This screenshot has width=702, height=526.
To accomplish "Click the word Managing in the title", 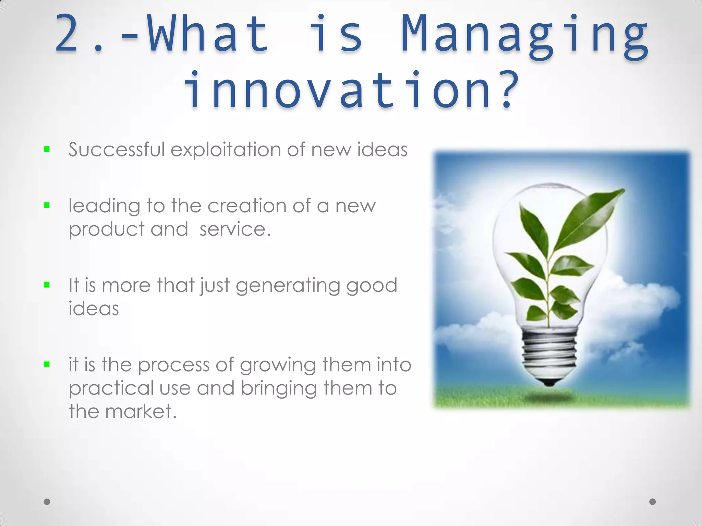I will [x=524, y=36].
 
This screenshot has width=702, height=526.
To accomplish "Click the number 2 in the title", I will [x=67, y=34].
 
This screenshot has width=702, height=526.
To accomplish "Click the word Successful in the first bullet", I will [x=117, y=150].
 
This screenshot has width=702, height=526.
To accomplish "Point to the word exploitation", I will [x=226, y=150].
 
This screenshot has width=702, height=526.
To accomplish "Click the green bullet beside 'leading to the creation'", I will [x=47, y=205].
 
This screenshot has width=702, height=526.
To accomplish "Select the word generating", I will [x=287, y=286].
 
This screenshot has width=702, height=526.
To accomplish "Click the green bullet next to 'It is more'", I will [x=47, y=285].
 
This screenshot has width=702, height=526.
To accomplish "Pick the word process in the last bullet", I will [x=173, y=365].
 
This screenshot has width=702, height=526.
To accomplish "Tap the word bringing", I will [x=278, y=389].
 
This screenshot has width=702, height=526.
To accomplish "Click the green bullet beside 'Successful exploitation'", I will [x=47, y=149].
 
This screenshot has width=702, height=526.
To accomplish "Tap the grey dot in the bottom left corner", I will [x=47, y=502].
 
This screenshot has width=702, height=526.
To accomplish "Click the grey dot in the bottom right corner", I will [x=653, y=502].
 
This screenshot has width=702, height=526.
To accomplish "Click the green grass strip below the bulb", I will [x=480, y=397].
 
